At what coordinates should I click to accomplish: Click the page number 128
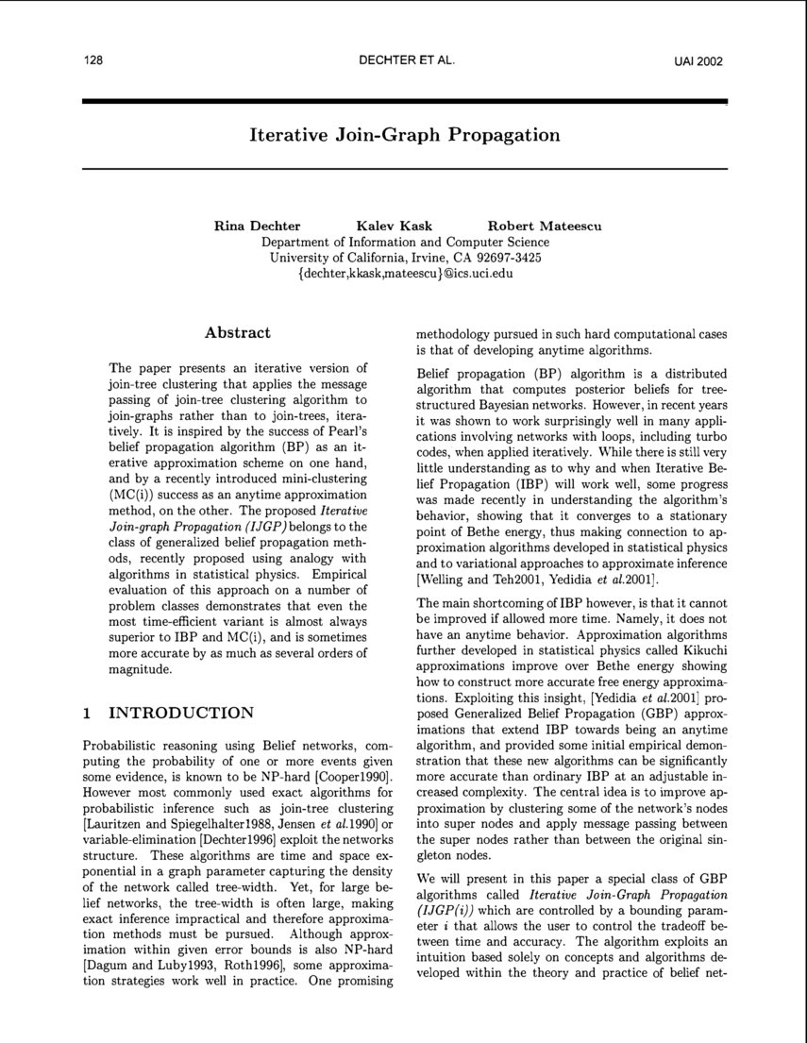pos(92,60)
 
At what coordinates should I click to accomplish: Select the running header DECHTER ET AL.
pos(408,60)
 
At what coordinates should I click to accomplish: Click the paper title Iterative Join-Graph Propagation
pos(404,135)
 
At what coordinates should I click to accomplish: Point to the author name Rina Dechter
pos(258,226)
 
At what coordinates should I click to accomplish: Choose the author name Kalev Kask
pos(394,226)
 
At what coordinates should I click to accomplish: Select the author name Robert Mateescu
pos(545,226)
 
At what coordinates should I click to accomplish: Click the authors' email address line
pos(404,273)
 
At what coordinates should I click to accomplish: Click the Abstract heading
pos(238,332)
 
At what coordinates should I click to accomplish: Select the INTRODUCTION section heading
pos(181,713)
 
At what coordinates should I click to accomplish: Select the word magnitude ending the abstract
pos(141,670)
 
